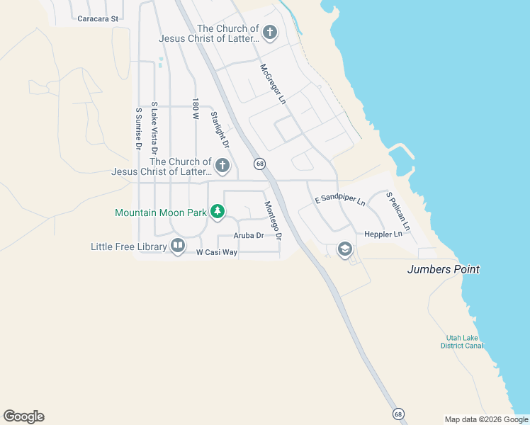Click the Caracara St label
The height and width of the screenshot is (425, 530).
[98, 19]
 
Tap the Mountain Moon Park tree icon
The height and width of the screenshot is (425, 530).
[218, 211]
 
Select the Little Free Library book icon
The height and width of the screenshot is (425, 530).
[177, 246]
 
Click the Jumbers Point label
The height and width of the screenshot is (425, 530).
[444, 269]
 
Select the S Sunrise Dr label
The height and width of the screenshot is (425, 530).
[139, 128]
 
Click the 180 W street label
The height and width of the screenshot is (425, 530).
[195, 108]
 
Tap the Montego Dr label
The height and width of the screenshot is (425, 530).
[273, 220]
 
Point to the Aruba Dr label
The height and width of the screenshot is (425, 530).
[250, 235]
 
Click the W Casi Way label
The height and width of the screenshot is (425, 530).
[217, 252]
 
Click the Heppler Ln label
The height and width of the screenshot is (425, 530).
[383, 234]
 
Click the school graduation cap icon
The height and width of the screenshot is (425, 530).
[345, 249]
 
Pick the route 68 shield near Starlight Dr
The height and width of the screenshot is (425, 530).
[261, 164]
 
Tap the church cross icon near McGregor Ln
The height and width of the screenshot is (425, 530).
[269, 33]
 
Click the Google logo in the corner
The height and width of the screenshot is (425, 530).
[24, 416]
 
